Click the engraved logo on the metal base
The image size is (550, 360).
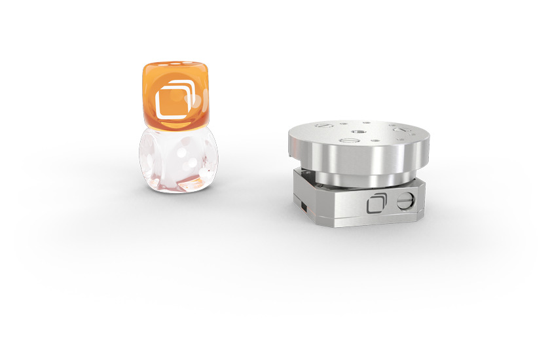[x=376, y=204]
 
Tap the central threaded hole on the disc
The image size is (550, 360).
[x=357, y=131]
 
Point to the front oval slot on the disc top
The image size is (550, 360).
[x=345, y=139]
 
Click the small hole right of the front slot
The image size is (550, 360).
[x=375, y=139]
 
